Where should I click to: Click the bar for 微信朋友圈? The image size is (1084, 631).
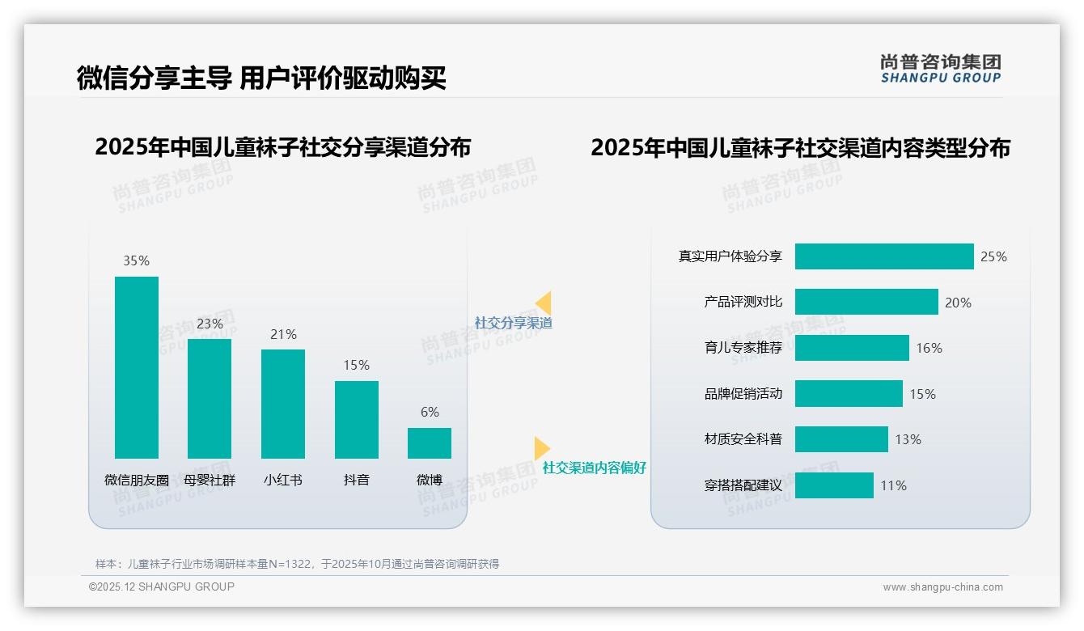[137, 367]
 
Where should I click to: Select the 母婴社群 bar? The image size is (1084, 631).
[210, 399]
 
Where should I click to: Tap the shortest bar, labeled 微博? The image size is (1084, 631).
[430, 443]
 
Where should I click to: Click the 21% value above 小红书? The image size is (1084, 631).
[283, 334]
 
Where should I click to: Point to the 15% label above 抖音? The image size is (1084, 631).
[356, 365]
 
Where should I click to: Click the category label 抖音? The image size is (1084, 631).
[356, 480]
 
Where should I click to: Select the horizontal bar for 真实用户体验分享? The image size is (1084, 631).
[884, 256]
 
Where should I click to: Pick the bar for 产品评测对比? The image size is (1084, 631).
[866, 302]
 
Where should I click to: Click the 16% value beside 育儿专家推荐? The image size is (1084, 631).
[929, 348]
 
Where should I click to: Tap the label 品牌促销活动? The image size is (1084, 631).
[743, 394]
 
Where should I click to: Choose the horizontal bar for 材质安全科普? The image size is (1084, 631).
[841, 439]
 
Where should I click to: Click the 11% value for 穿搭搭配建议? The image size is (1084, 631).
[893, 485]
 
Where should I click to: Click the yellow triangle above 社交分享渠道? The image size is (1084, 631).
[544, 303]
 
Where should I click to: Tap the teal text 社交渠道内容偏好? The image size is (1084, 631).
[594, 468]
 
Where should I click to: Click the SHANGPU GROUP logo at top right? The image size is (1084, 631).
[941, 69]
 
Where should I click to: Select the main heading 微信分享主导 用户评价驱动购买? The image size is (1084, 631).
[261, 78]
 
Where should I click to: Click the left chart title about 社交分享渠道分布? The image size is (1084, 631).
[282, 147]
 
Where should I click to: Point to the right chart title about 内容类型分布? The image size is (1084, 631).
[800, 148]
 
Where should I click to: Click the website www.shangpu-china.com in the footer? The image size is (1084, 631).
[942, 587]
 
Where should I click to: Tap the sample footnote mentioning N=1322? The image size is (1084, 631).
[297, 564]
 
